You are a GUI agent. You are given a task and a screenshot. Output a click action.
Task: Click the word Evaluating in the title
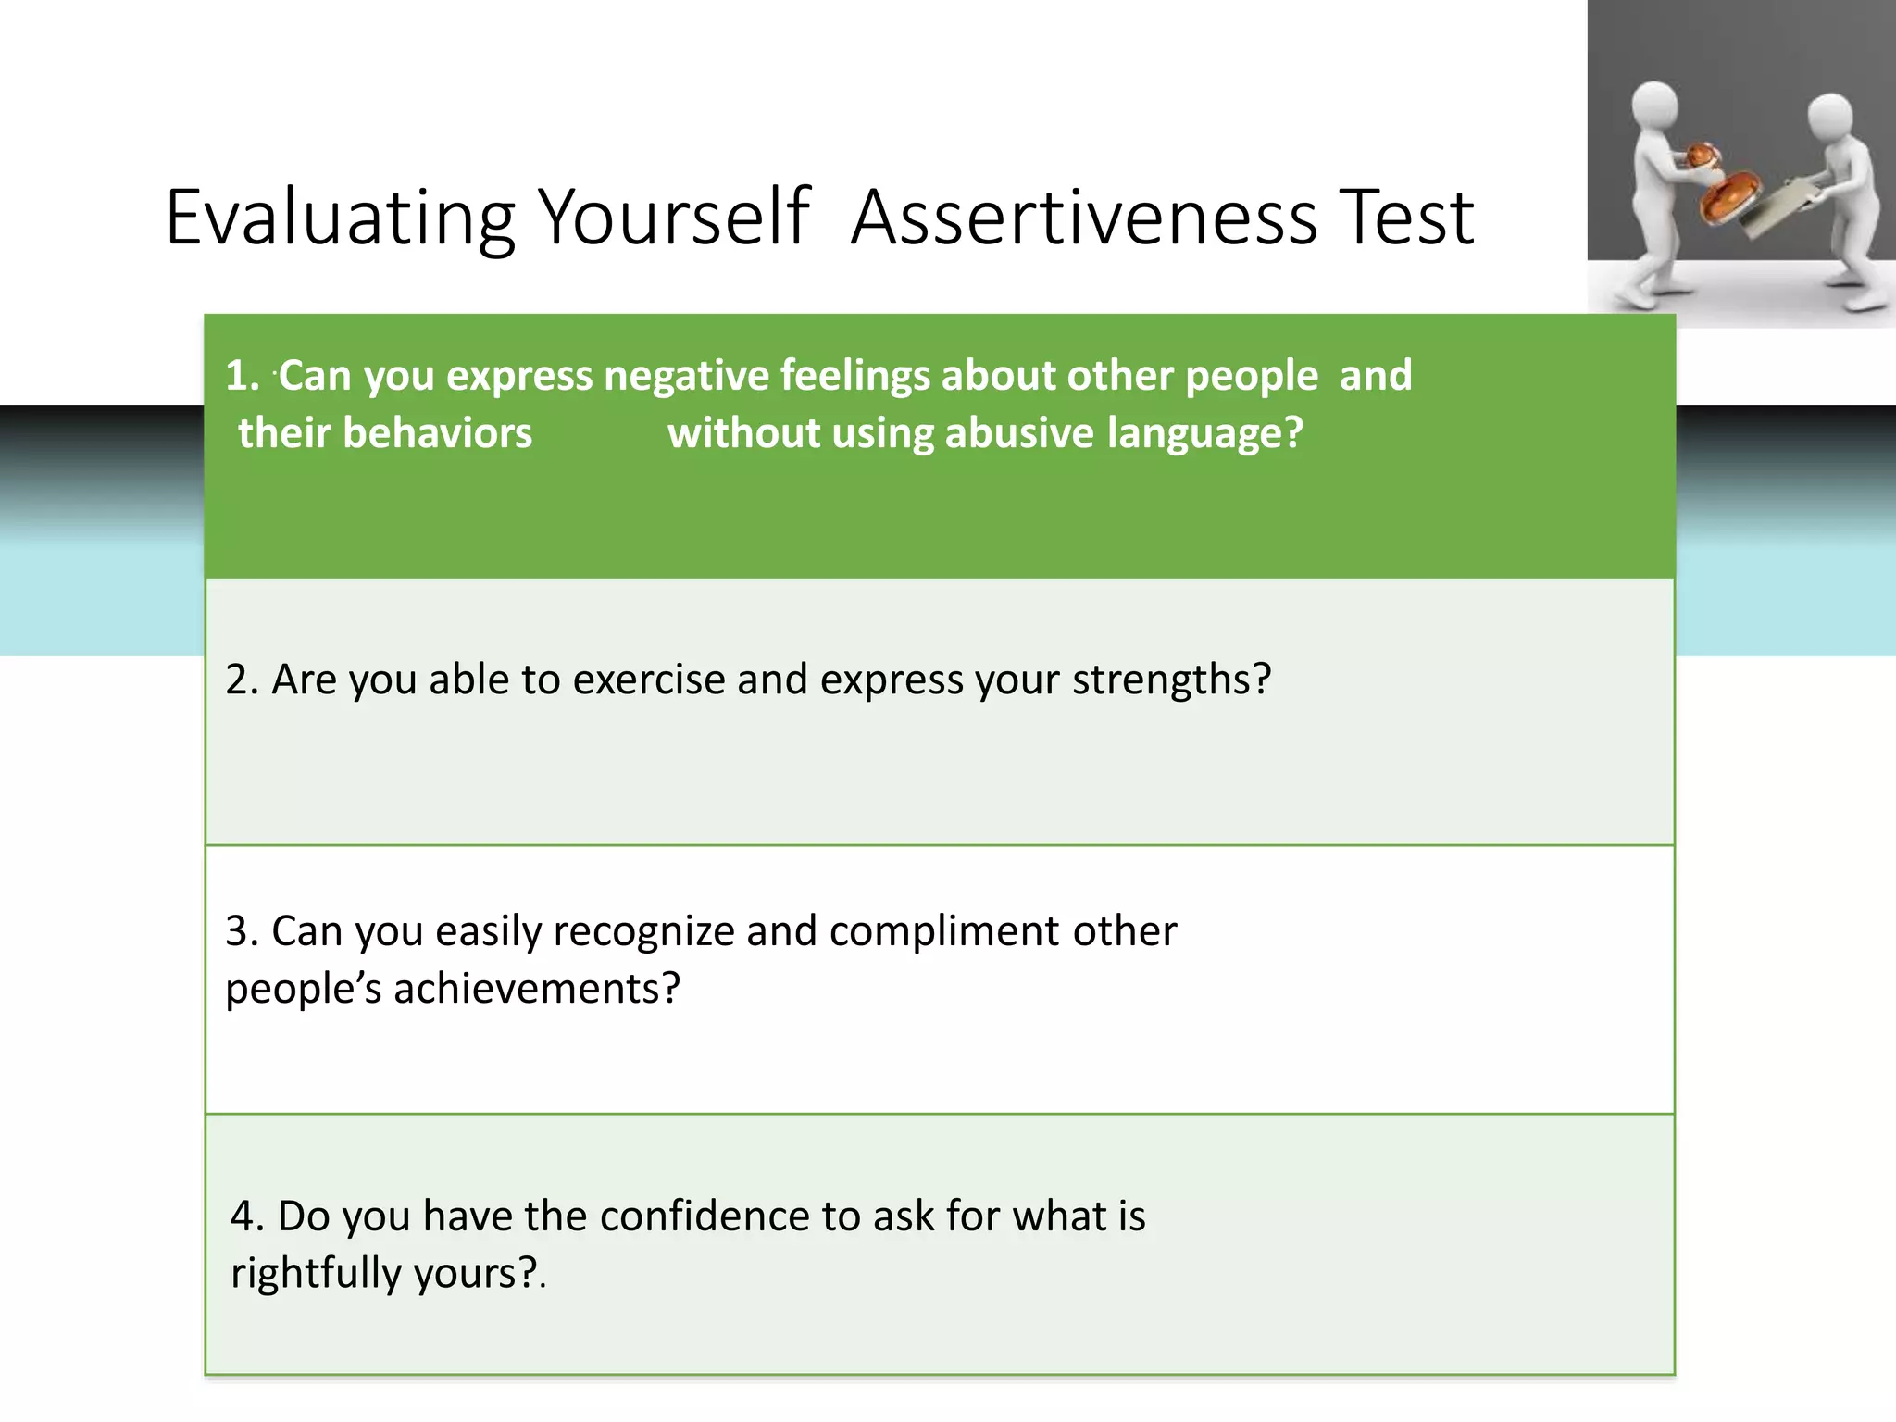click(340, 218)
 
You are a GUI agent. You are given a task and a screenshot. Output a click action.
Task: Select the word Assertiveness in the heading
click(1083, 218)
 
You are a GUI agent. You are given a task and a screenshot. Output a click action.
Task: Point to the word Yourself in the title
click(675, 218)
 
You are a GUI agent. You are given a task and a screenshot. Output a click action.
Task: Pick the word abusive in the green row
click(1018, 433)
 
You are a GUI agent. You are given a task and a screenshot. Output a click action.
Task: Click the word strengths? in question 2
click(1172, 680)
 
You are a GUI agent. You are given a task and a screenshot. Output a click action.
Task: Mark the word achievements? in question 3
click(537, 989)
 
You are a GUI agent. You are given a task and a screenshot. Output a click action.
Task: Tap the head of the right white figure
click(1829, 118)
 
